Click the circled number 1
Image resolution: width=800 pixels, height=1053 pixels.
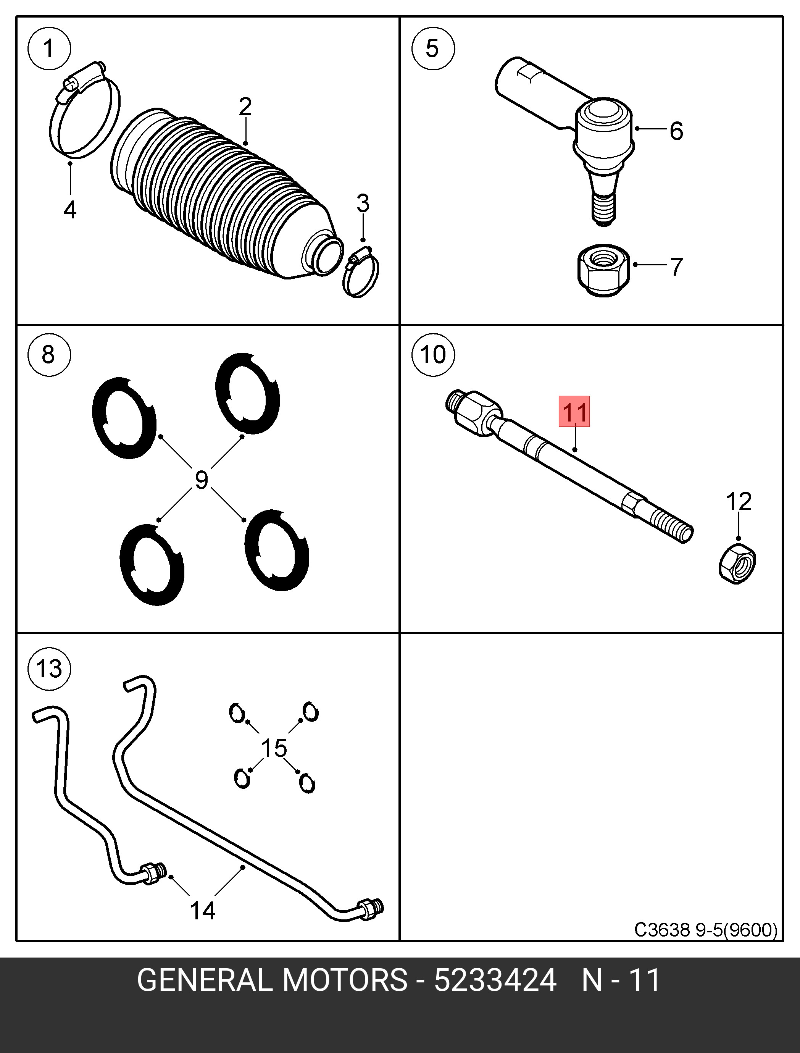tap(49, 48)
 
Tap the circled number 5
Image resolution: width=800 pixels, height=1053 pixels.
tap(432, 48)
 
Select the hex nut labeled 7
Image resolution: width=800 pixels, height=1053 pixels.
tap(603, 270)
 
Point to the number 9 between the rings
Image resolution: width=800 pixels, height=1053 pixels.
tap(202, 480)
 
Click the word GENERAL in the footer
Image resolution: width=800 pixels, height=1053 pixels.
tap(203, 993)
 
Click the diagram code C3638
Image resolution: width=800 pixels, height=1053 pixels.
tap(662, 929)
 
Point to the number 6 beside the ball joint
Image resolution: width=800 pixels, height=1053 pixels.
tap(676, 131)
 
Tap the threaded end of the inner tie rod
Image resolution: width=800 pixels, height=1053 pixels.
tap(671, 526)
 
